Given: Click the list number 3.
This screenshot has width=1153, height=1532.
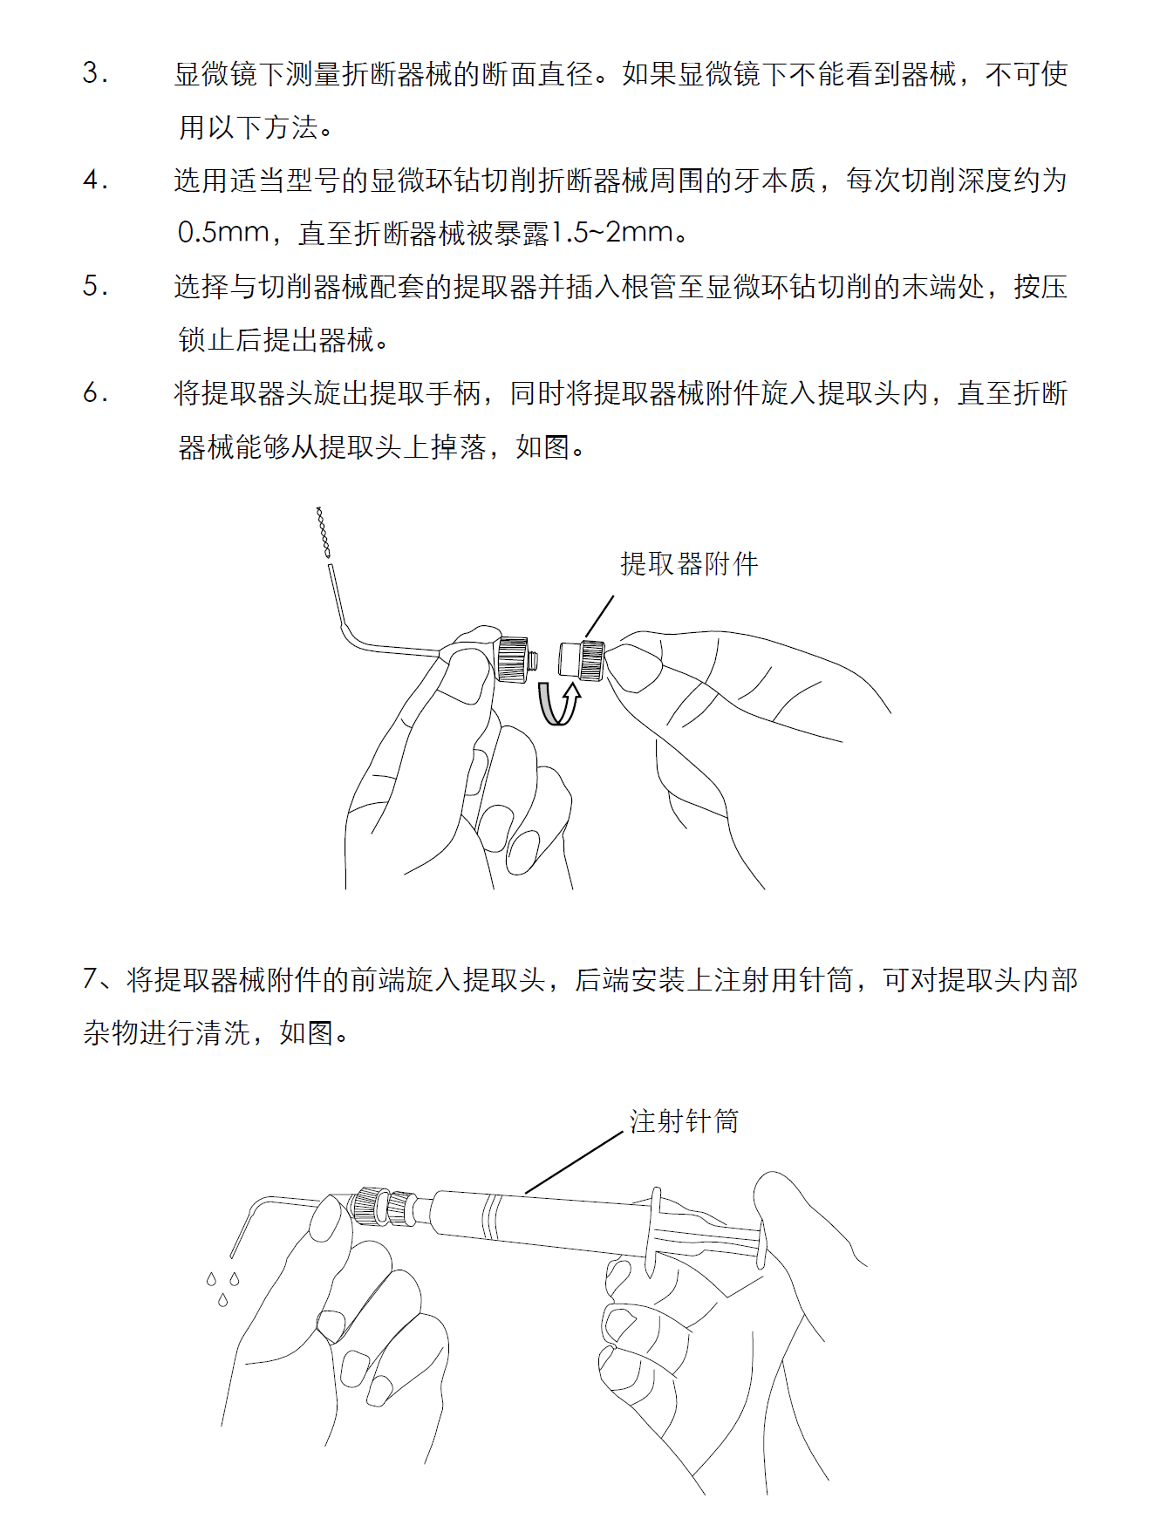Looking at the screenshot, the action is click(x=95, y=73).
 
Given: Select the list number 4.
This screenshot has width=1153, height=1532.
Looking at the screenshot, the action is click(x=95, y=180).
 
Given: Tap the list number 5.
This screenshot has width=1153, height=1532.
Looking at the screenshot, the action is click(x=95, y=286).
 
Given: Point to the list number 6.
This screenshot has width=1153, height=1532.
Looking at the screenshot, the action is click(x=95, y=393).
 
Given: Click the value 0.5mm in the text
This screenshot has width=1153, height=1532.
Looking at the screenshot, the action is click(x=223, y=233).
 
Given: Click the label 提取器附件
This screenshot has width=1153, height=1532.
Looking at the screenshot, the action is click(x=689, y=564).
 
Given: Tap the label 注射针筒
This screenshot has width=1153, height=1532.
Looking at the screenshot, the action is click(x=685, y=1121).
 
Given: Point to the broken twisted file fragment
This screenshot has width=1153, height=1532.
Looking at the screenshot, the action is click(x=323, y=532).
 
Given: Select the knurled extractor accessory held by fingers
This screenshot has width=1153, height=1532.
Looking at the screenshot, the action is click(x=582, y=660).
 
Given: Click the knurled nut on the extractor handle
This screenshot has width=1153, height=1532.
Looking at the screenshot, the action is click(x=512, y=659).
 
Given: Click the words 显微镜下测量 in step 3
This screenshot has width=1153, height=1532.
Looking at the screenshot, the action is click(x=257, y=74).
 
